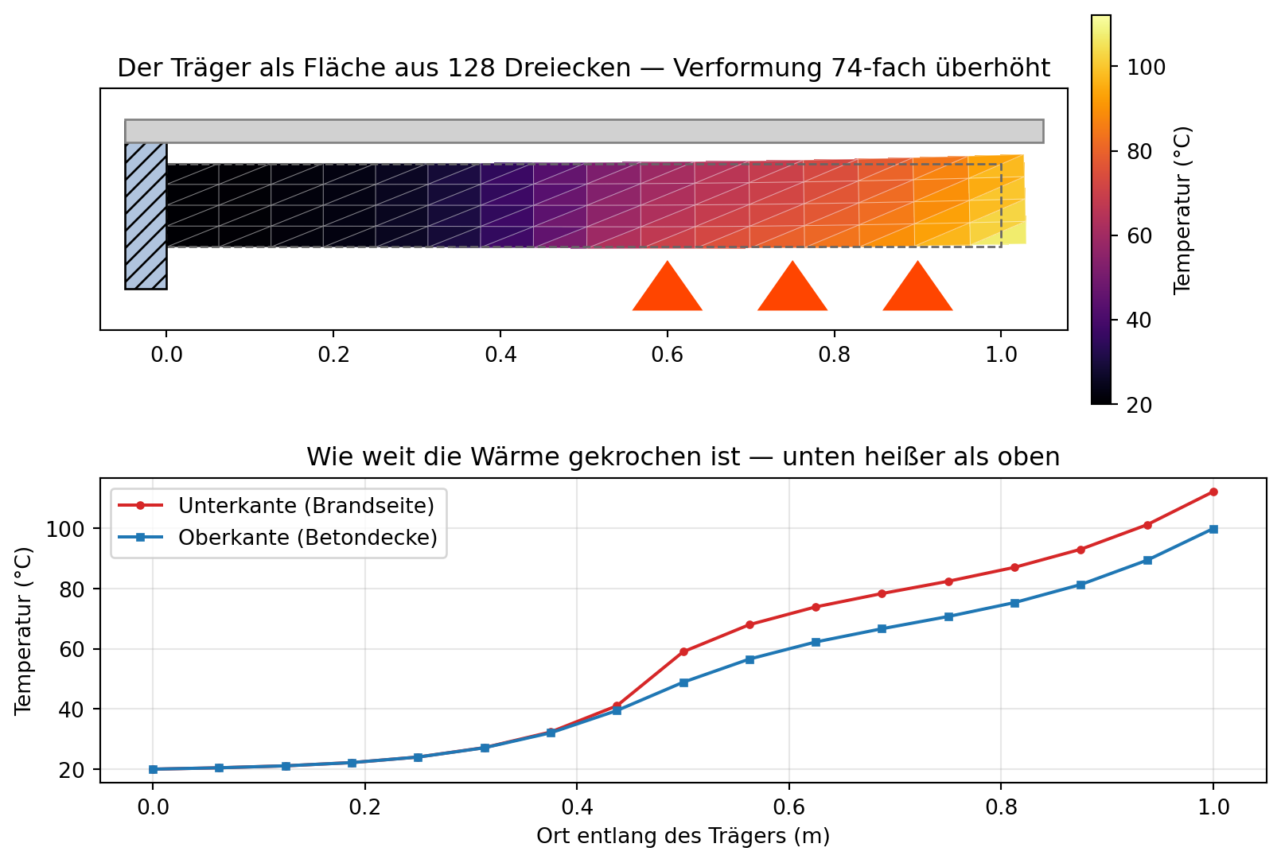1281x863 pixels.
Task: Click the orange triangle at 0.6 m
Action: point(668,291)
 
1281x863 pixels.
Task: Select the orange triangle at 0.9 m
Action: point(918,291)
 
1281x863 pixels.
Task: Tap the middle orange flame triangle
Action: point(792,291)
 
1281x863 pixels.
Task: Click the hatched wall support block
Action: point(146,216)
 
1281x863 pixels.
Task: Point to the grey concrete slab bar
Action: point(585,131)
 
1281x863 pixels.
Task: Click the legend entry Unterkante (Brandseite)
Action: point(276,506)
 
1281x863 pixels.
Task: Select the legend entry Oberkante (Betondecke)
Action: point(278,538)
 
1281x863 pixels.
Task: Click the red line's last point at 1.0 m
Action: point(1213,492)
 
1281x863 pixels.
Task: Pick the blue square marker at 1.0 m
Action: point(1213,529)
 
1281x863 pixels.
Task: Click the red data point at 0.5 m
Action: point(683,651)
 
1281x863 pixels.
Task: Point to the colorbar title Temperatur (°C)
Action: point(1182,210)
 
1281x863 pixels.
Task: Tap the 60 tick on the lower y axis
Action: point(72,649)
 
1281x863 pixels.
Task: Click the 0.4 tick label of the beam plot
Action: point(500,355)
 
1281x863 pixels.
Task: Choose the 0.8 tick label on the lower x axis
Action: point(1002,807)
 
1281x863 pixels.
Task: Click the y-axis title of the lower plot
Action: point(24,631)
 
